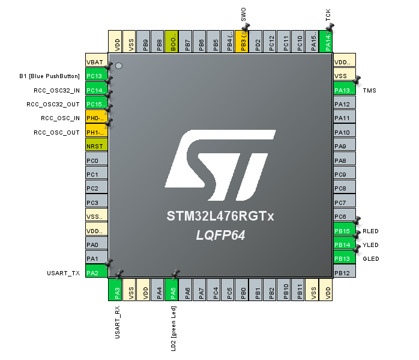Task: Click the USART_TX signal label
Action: pyautogui.click(x=64, y=273)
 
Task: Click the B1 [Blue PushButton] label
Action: pyautogui.click(x=49, y=76)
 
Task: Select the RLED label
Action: pyautogui.click(x=371, y=231)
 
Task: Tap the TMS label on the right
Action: pyautogui.click(x=370, y=90)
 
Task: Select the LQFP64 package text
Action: pyautogui.click(x=220, y=235)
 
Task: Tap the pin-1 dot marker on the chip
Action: pyautogui.click(x=119, y=65)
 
